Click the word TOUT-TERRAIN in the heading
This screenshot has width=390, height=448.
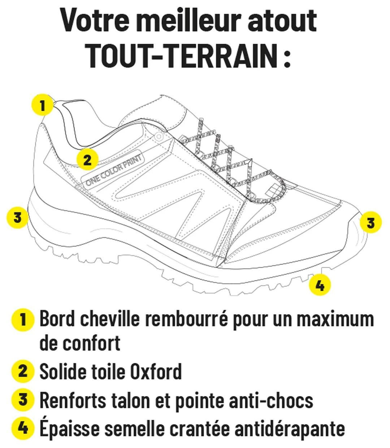(183, 56)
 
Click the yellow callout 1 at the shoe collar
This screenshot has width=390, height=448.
(43, 105)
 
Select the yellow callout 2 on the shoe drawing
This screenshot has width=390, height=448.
(87, 159)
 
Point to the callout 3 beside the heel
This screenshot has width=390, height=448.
(18, 218)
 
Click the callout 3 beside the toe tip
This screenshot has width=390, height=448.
(370, 222)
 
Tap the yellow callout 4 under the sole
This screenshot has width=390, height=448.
(320, 285)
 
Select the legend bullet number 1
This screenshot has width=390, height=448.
(23, 320)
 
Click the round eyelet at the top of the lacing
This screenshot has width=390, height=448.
(159, 137)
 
